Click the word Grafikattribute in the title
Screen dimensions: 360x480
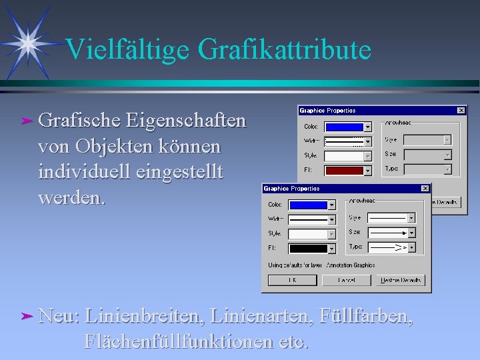click(x=281, y=51)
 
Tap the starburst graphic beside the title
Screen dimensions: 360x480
click(x=27, y=43)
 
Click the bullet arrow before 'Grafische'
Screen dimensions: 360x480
click(x=26, y=121)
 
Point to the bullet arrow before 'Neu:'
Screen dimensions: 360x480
click(x=26, y=313)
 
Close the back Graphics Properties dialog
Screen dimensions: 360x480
click(x=461, y=111)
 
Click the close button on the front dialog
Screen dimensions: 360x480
click(x=425, y=189)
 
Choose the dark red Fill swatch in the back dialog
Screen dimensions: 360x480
click(x=343, y=170)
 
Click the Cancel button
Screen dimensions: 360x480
click(x=345, y=281)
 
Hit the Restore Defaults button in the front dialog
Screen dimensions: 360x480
click(x=400, y=281)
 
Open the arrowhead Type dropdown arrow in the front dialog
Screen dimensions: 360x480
click(x=411, y=247)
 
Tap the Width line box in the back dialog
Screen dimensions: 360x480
click(x=343, y=141)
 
